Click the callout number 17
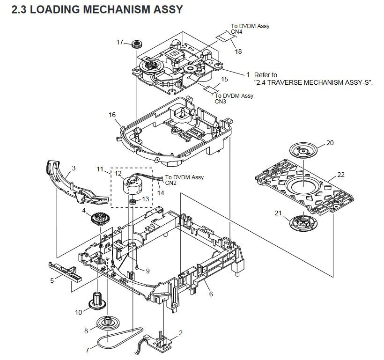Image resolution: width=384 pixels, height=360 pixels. point(120,43)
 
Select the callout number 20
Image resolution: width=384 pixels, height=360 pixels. point(330,143)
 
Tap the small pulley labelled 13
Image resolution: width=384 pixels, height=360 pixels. point(133,201)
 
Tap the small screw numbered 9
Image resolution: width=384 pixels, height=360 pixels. point(135,266)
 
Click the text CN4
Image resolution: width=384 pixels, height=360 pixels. point(236,32)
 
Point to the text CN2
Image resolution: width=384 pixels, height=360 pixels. point(171,184)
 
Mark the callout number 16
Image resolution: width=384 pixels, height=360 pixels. point(112,115)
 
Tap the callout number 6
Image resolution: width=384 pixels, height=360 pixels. point(211,294)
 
